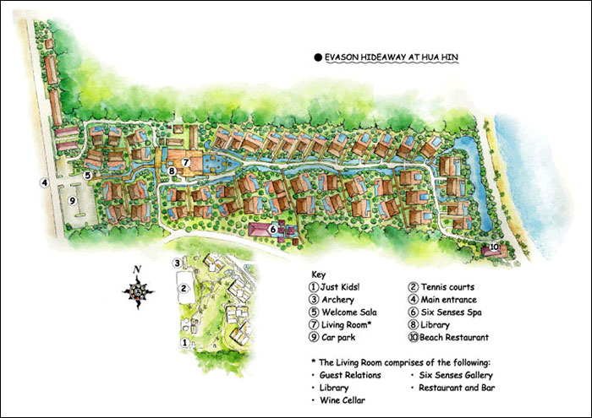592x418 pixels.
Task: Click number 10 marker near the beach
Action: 495,247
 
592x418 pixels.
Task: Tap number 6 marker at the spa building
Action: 273,227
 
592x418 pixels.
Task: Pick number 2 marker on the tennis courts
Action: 181,287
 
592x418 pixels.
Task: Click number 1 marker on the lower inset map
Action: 184,343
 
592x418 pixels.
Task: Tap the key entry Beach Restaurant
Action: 458,337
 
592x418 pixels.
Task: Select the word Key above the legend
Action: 318,274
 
